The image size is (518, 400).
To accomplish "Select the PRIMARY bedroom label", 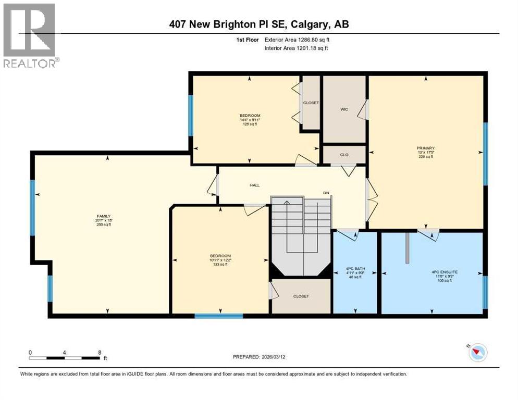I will (426, 148).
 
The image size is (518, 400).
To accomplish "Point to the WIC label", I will (344, 109).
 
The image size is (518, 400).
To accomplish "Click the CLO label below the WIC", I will (344, 155).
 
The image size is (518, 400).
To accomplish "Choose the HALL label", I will (254, 185).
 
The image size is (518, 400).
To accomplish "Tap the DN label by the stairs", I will (326, 193).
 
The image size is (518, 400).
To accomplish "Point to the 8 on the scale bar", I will (99, 353).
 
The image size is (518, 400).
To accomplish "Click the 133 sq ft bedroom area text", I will (220, 265).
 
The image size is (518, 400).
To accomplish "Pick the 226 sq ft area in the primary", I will (426, 157).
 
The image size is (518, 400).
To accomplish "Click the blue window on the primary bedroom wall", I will (485, 154).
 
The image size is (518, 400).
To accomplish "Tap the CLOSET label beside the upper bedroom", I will (311, 103).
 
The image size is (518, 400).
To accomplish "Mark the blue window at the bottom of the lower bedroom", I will (219, 316).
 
